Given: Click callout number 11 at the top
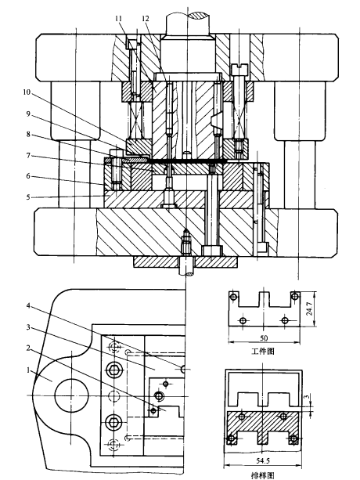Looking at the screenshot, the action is point(118,19).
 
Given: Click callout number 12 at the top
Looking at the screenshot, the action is point(146,19).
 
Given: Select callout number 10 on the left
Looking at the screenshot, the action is point(27,92).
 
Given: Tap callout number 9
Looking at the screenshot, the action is point(28,114).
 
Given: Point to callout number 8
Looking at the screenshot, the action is point(28,135).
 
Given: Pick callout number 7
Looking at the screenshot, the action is point(28,156).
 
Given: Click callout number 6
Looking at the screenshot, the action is point(28,176).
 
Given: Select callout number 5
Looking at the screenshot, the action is point(28,197).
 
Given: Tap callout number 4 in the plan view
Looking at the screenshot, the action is point(28,306).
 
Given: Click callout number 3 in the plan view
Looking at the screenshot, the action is point(28,327).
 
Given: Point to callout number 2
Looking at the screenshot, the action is point(28,348).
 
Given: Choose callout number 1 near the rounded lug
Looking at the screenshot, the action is point(28,370).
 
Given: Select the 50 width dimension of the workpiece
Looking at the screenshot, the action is point(264,338).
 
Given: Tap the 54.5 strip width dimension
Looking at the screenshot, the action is point(263,460).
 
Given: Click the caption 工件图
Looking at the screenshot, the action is point(263,351).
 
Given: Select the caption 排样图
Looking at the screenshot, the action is point(263,475).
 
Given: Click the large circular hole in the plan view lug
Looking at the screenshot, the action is point(71,395).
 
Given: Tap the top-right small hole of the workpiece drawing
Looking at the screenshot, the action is point(295,296).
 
